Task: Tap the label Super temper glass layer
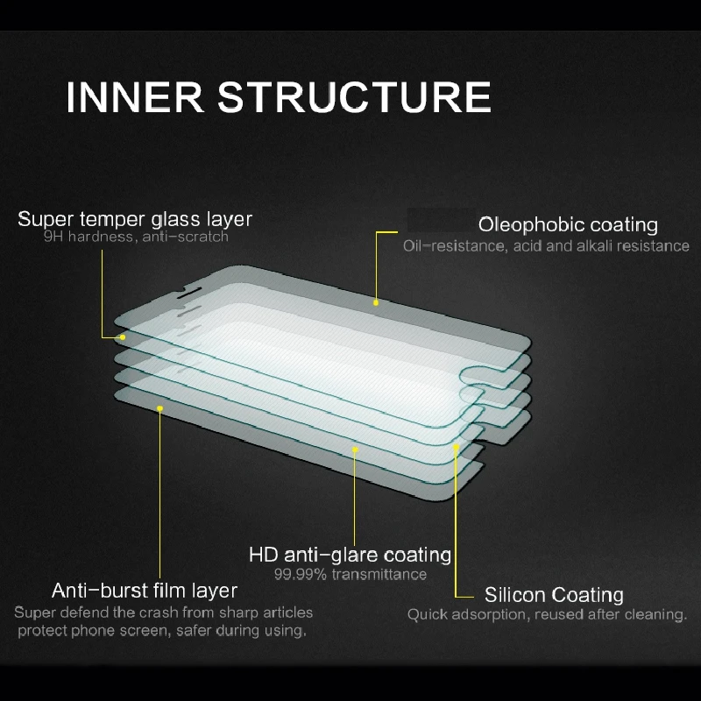135,219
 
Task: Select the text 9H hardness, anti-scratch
136,237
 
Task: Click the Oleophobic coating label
568,225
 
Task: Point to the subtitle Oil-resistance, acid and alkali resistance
546,246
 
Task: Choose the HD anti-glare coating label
350,555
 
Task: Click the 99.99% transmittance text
350,575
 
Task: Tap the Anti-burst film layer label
145,590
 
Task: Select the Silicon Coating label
554,596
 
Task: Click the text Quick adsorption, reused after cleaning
547,615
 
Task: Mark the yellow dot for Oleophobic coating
376,303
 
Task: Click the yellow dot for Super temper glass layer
123,337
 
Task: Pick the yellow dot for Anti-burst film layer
159,407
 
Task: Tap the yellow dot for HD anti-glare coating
355,450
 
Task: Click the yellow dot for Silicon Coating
456,447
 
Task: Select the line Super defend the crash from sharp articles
163,612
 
